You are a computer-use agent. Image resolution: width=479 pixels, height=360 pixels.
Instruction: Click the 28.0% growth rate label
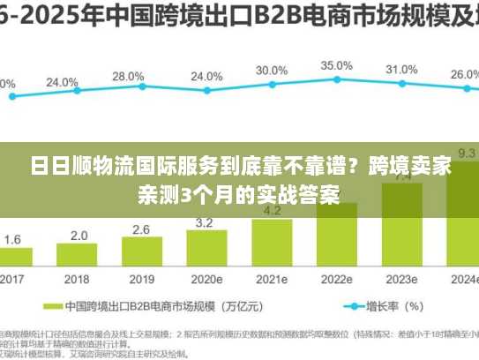[x=128, y=77]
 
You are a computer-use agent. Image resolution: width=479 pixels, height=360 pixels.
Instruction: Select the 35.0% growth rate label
[x=336, y=65]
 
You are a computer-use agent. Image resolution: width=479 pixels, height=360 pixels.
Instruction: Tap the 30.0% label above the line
[x=271, y=71]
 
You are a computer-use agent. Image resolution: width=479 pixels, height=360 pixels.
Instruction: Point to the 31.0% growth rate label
[x=401, y=70]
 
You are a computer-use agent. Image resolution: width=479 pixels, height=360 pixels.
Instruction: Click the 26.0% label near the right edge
[x=464, y=75]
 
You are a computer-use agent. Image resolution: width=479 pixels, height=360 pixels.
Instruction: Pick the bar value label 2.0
[x=79, y=236]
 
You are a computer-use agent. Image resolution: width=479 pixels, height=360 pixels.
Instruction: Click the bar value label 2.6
[x=141, y=229]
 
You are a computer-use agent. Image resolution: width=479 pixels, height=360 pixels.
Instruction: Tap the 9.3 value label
[x=466, y=153]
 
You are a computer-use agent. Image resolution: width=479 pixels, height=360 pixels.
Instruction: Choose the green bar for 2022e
[x=336, y=234]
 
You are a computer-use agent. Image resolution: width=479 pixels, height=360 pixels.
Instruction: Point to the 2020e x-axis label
[x=206, y=279]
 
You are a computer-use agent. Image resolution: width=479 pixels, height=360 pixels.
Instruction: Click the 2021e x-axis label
[x=271, y=279]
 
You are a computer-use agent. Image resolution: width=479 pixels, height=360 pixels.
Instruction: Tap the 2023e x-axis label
[x=401, y=279]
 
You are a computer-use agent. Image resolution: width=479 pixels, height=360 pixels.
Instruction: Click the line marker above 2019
[x=141, y=87]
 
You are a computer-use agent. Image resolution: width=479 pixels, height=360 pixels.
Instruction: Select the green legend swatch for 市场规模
[x=50, y=308]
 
